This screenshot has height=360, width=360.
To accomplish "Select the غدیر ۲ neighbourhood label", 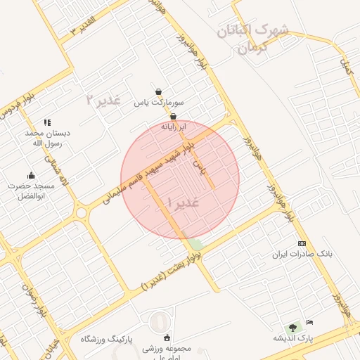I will (103, 100).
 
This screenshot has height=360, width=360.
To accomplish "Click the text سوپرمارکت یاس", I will (162, 103).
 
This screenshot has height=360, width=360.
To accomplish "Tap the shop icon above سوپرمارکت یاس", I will (159, 91).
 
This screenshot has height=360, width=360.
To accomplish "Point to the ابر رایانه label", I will (174, 127).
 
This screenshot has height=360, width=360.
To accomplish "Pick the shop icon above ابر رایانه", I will (173, 116).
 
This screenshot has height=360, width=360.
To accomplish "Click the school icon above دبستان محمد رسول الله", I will (47, 122).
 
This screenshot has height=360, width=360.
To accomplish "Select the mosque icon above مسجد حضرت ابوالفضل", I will (31, 175).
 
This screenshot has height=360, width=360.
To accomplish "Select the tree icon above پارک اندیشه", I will (292, 327).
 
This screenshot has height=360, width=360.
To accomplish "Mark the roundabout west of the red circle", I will (82, 212).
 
